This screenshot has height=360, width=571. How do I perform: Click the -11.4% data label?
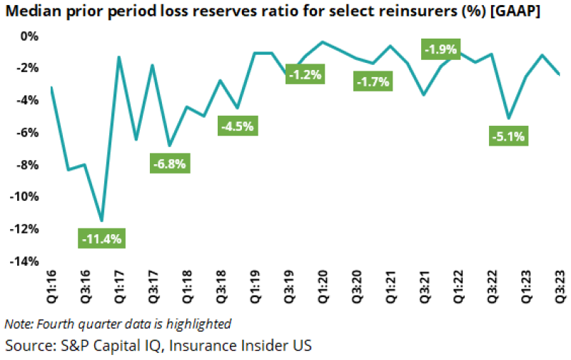102,239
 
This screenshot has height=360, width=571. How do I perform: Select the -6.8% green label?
169,163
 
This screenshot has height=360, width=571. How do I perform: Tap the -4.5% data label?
237,126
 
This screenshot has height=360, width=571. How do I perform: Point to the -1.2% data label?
305,74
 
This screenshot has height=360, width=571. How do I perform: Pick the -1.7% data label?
372,81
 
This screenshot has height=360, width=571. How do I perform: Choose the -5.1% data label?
507,135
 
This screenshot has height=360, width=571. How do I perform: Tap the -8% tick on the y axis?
26,164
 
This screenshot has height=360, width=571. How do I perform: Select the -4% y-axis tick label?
26,100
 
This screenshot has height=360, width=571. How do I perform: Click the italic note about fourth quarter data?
118,323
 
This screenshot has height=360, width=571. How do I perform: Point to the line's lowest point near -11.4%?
102,221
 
